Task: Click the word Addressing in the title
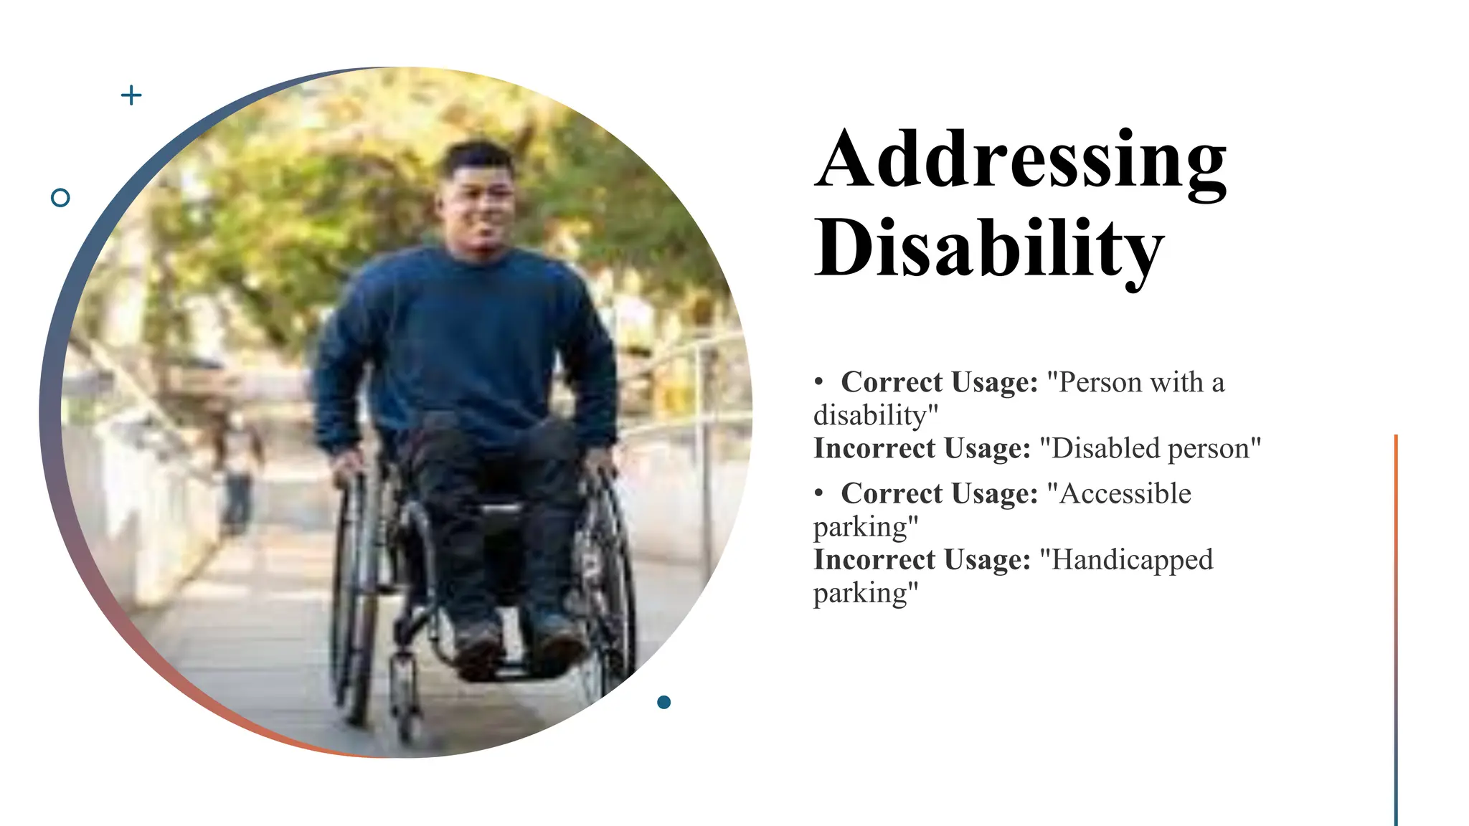[1020, 159]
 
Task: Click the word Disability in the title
[988, 248]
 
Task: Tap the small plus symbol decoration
[131, 95]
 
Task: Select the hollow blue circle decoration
[61, 197]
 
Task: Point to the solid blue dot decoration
[664, 702]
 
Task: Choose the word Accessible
[1125, 493]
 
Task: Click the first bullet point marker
[818, 382]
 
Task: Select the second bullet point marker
[818, 493]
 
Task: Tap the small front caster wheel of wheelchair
[405, 692]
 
